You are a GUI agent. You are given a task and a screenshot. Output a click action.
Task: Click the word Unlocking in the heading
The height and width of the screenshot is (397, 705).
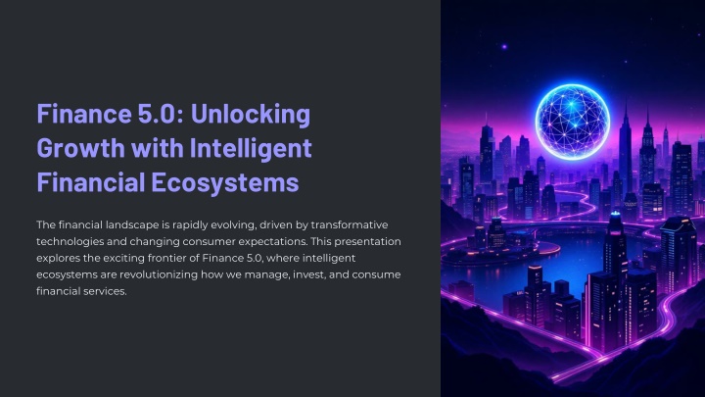coord(251,114)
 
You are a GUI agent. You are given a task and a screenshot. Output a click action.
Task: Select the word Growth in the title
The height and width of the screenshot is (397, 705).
coord(80,148)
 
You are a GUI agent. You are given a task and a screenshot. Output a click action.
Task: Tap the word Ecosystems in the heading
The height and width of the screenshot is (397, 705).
coord(225,182)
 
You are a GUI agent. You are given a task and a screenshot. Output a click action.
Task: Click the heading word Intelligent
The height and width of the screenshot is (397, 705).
coord(251,148)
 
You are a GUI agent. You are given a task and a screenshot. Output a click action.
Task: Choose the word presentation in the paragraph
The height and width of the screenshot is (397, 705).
coord(367,242)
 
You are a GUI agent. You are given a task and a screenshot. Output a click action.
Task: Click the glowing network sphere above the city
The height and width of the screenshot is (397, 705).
coord(573,122)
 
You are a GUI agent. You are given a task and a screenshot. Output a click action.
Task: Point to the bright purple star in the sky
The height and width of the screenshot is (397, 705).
coord(504,46)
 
